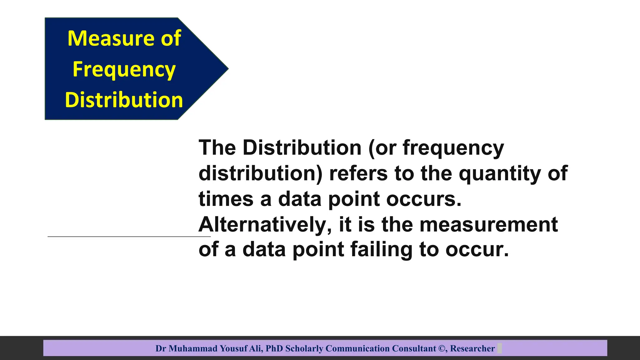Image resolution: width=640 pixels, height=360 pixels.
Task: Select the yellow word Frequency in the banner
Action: coord(124,70)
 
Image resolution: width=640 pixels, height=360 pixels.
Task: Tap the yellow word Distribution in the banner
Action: coord(124,100)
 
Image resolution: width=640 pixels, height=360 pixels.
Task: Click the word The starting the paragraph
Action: coord(217,147)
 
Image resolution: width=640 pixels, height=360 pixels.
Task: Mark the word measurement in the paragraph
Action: coord(488,225)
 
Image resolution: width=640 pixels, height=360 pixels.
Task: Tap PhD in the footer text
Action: coord(274,348)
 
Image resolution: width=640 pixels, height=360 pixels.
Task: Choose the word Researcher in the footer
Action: coord(472,348)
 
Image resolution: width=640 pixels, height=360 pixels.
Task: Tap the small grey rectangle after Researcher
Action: coord(499,348)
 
